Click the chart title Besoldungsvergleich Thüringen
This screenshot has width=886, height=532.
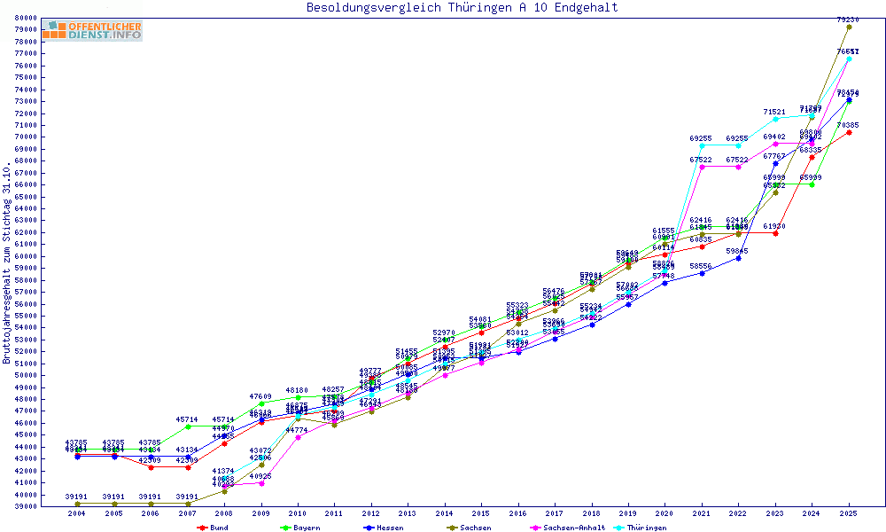coord(462,8)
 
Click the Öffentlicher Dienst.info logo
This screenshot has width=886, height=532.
coord(91,31)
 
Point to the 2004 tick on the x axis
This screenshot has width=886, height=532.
coord(77,513)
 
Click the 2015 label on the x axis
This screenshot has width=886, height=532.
coord(481,513)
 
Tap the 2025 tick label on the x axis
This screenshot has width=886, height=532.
coord(849,513)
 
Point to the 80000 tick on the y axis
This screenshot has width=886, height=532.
coord(25,18)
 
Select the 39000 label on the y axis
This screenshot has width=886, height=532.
coord(25,506)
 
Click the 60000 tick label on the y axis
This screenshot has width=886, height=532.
coord(25,255)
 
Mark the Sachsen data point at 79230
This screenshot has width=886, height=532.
coord(849,27)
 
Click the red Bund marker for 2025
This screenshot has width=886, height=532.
coord(849,132)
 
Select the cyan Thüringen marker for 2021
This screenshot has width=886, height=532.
coord(702,146)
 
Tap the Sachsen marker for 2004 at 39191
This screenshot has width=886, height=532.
coord(77,504)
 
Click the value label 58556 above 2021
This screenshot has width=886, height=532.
coord(702,266)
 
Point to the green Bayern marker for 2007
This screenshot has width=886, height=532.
coord(188,426)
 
